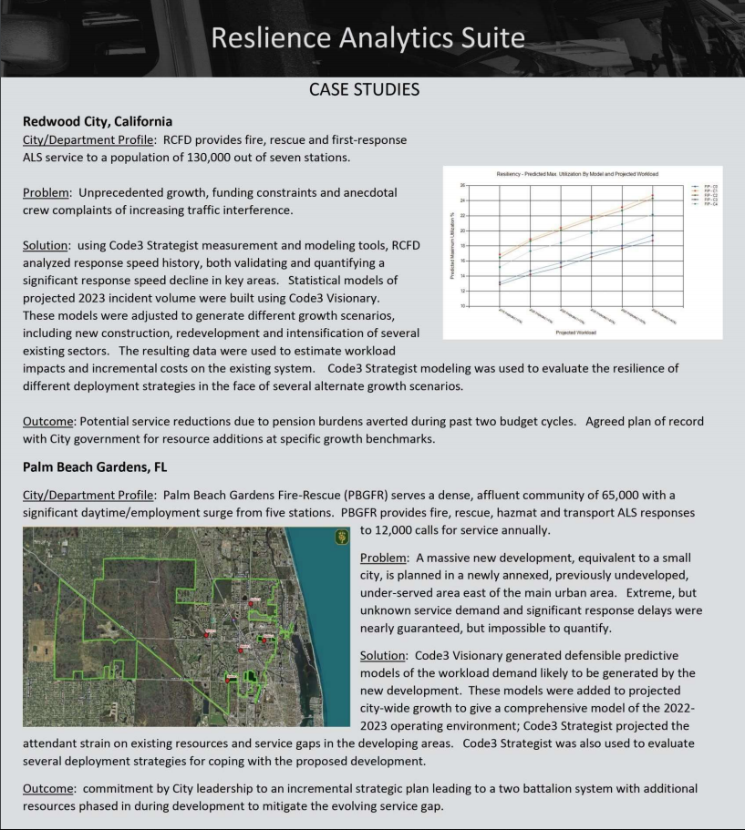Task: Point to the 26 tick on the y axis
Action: coord(463,185)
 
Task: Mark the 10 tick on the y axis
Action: coord(463,306)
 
